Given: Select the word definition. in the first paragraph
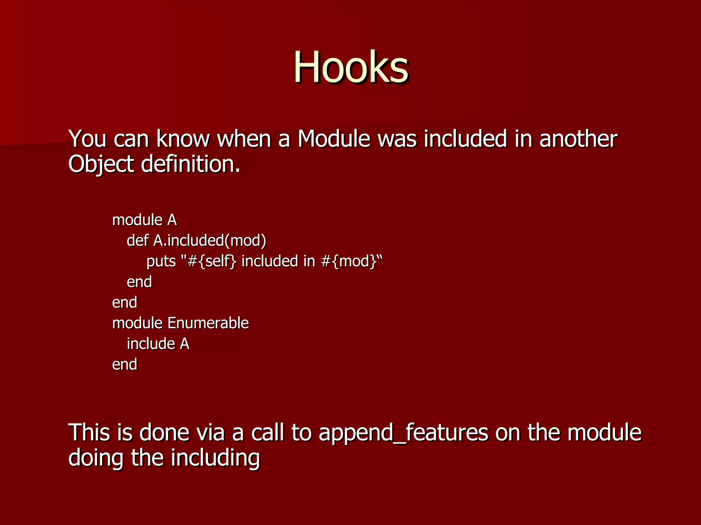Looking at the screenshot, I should [x=191, y=164].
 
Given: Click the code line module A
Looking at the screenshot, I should [x=144, y=220].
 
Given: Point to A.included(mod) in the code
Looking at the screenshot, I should [x=209, y=241].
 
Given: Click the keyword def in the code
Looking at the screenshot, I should [x=137, y=241].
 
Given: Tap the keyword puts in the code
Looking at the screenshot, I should [x=161, y=261].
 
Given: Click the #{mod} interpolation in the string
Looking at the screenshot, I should [x=349, y=261].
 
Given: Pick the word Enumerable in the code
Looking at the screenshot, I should [x=208, y=323].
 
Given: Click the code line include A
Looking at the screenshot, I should [x=158, y=344].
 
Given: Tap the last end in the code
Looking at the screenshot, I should [x=125, y=364].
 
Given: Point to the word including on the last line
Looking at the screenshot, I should [x=215, y=458].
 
